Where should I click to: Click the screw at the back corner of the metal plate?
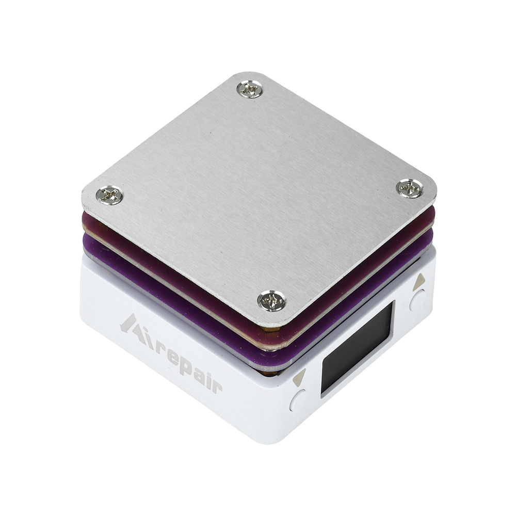pos(250,89)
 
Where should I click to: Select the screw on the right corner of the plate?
pos(410,188)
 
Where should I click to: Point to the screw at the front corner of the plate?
pos(272,300)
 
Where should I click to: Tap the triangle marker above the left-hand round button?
pos(300,378)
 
